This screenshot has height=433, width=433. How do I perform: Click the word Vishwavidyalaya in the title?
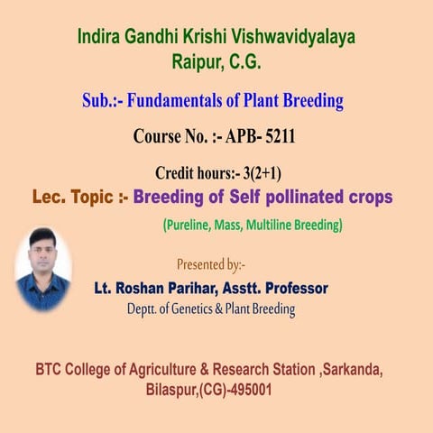292,38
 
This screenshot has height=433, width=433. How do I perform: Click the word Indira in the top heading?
99,38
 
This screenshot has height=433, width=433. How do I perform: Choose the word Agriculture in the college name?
173,370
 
